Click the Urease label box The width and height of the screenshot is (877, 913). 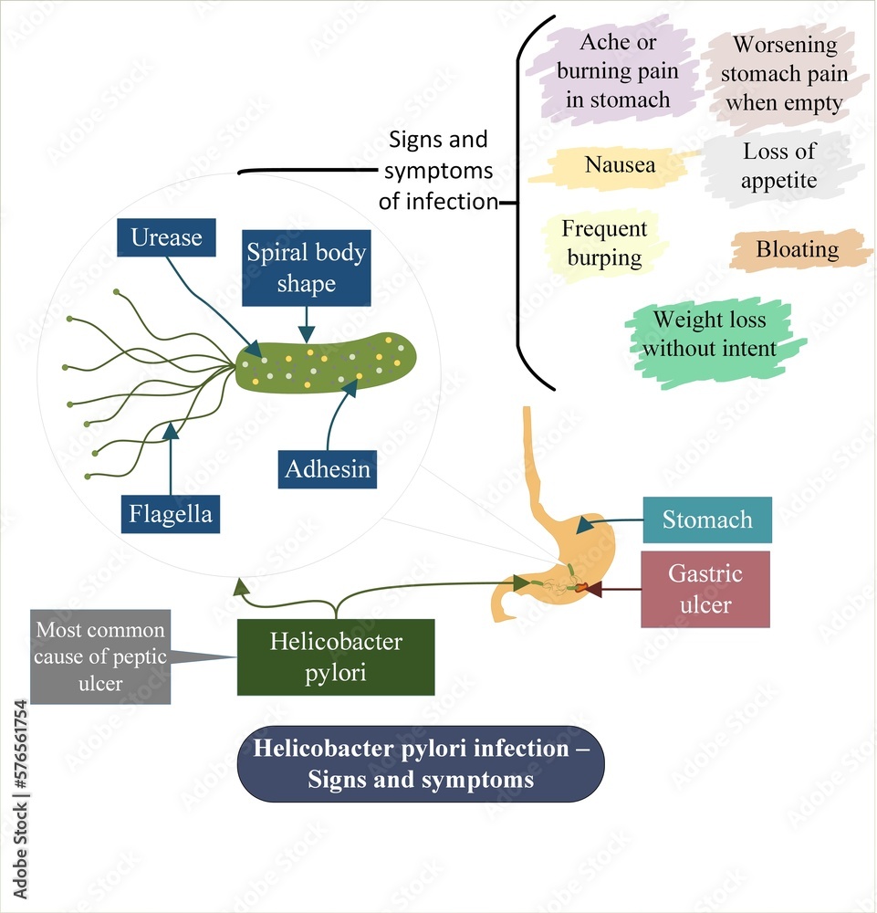166,237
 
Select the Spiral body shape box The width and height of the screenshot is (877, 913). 306,268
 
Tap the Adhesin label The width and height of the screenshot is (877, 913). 328,469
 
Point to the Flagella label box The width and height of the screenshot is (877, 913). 171,514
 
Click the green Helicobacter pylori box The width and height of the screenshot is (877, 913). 336,656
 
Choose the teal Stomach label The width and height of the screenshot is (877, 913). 707,520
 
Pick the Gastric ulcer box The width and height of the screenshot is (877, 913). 705,589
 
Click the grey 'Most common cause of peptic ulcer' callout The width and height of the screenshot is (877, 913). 100,656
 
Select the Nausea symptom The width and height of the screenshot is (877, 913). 620,166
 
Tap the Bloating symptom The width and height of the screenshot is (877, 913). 798,249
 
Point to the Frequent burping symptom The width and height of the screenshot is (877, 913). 604,243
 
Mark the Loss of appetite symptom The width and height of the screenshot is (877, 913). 778,166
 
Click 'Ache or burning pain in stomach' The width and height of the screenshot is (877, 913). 618,71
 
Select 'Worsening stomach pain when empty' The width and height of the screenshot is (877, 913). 784,73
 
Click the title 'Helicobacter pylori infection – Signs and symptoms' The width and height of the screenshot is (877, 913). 421,764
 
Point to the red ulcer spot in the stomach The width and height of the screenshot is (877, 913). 580,590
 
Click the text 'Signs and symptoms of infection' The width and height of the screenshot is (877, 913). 438,171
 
